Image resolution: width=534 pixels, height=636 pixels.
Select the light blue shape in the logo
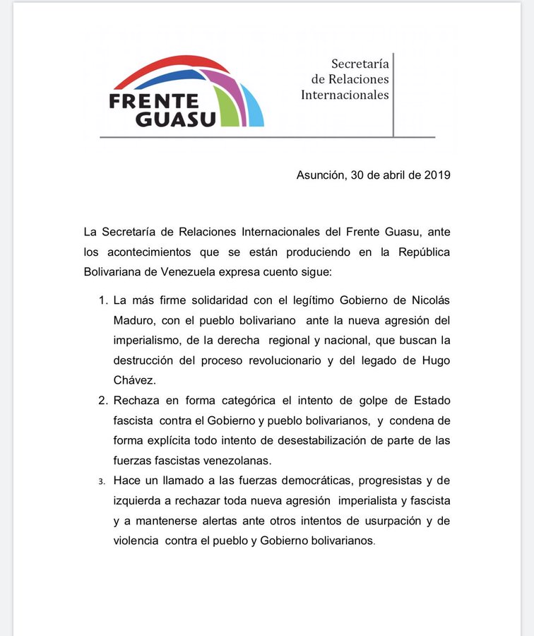[255, 110]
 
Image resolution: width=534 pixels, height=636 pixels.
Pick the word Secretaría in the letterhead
[360, 64]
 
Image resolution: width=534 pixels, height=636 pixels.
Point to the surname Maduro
[134, 320]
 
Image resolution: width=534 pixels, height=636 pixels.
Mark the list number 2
[102, 401]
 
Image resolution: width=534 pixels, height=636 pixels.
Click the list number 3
[102, 482]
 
